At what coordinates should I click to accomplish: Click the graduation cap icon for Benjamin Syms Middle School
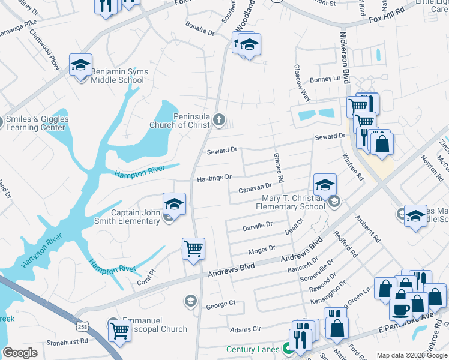pos(80,65)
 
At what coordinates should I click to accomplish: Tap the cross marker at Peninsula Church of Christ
pos(219,121)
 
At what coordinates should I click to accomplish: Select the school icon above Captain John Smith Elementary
pos(174,204)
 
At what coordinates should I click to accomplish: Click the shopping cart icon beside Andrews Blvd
pos(193,248)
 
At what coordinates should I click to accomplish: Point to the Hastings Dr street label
pos(214,178)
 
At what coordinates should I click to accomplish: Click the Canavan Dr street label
pos(255,188)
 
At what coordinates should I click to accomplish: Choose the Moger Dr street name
pos(262,248)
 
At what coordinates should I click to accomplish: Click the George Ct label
pos(220,304)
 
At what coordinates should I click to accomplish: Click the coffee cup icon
pos(400,309)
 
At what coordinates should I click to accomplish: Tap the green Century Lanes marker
pos(288,348)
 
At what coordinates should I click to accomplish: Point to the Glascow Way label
pos(302,83)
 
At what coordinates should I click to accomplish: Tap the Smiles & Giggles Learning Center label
pos(37,123)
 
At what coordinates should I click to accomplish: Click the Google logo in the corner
pos(20,352)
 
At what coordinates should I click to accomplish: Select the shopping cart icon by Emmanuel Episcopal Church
pos(119,329)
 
